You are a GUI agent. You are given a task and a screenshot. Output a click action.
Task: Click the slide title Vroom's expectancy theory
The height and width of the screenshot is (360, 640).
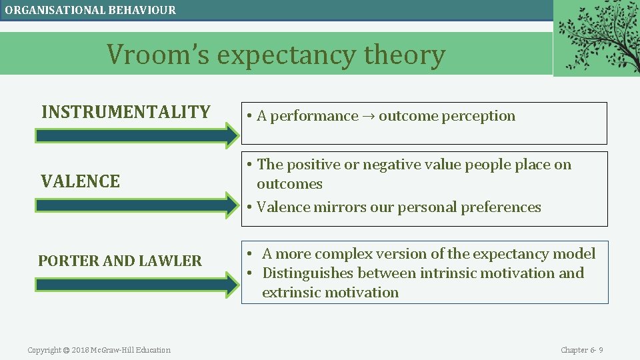tap(276, 55)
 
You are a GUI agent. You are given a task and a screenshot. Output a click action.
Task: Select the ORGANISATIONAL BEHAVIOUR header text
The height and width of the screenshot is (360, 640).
tap(91, 10)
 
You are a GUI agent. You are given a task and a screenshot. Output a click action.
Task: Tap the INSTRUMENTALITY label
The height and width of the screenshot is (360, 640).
tap(126, 112)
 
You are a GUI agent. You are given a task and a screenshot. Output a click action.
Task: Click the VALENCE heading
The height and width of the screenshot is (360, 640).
tap(81, 181)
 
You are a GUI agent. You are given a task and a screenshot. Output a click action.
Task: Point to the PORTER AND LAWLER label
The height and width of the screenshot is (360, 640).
tap(120, 261)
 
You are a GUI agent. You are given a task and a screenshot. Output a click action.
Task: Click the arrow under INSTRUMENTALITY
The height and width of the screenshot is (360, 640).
tap(137, 136)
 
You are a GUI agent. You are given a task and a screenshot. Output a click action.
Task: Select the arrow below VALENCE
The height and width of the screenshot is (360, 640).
tap(137, 205)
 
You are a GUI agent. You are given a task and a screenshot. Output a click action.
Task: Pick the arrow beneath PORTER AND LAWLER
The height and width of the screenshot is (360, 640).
tap(137, 285)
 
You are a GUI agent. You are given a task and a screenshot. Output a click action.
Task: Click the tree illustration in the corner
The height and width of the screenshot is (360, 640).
tap(596, 37)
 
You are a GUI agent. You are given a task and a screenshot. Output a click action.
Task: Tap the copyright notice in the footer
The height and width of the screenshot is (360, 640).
tap(99, 350)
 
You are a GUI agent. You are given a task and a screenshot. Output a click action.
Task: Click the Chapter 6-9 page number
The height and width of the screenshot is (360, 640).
tap(581, 350)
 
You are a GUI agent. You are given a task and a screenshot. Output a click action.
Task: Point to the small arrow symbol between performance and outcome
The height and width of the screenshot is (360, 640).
tap(368, 117)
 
